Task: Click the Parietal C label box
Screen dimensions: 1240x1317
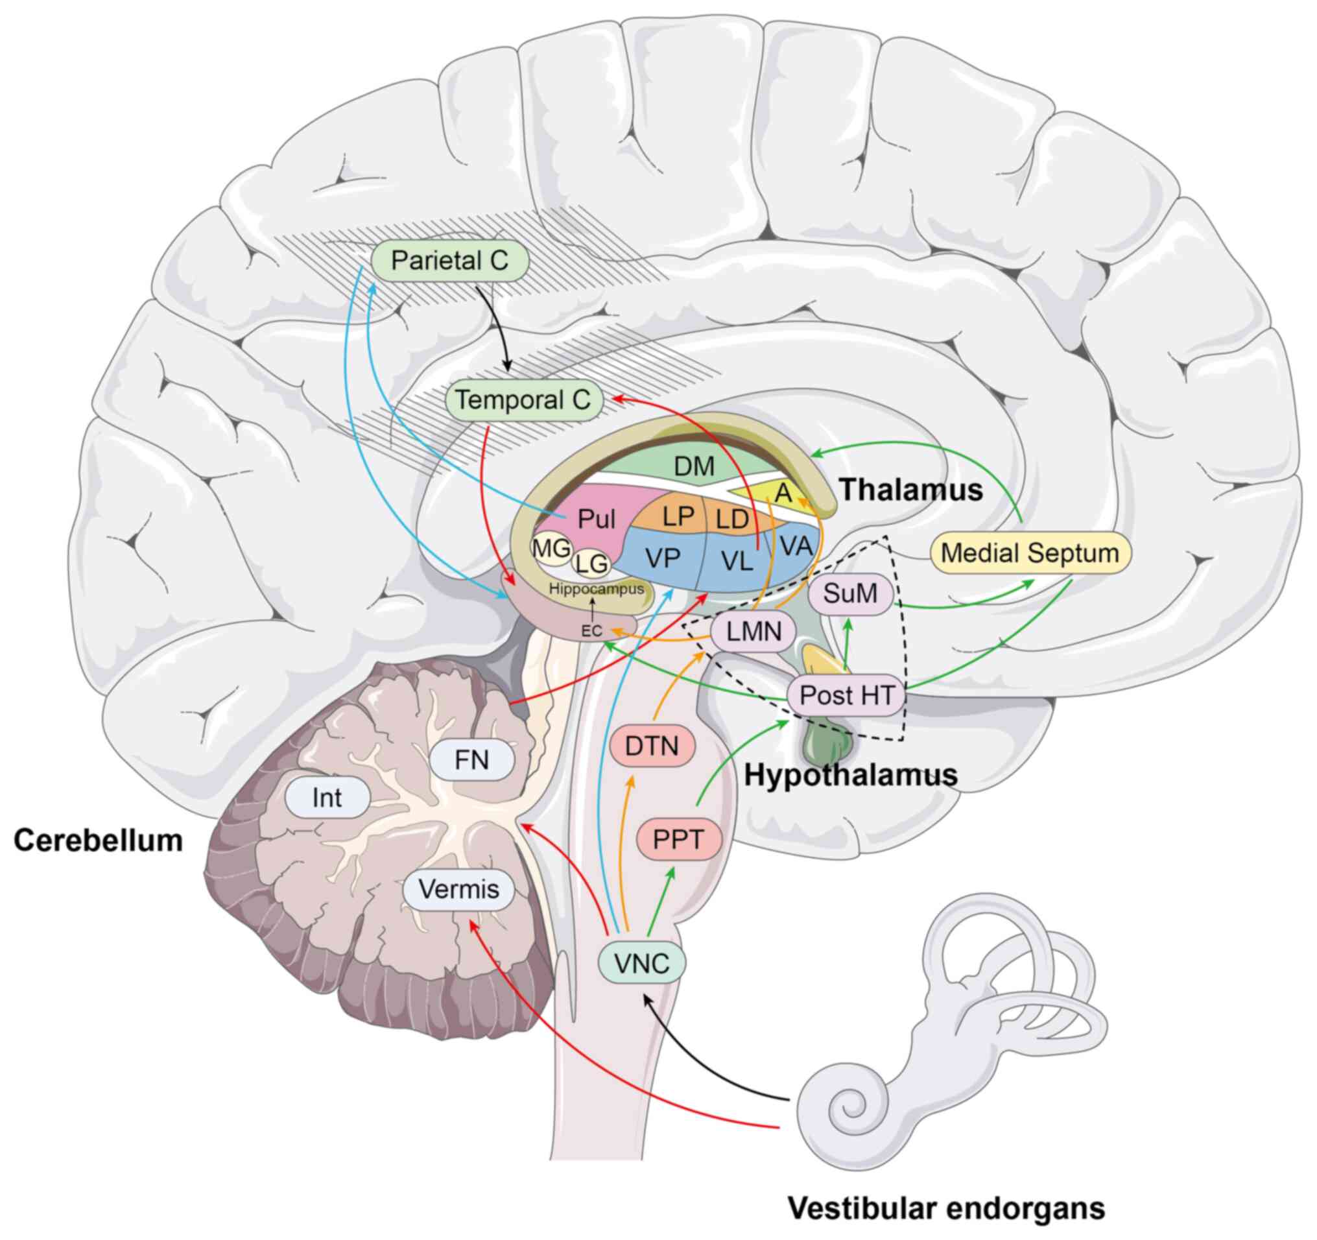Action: click(450, 260)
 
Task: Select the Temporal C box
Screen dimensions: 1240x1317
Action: click(523, 400)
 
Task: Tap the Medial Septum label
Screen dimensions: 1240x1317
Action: click(1030, 553)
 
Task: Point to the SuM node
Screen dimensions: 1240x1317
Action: click(850, 593)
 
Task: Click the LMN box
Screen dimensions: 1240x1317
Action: click(754, 631)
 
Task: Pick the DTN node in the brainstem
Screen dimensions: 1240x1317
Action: click(652, 746)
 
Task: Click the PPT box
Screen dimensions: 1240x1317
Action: click(678, 839)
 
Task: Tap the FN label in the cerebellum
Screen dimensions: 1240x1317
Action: click(471, 760)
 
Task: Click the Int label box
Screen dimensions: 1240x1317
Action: click(327, 798)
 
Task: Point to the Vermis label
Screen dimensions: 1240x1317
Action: click(459, 889)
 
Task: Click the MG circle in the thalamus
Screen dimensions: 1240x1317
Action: click(551, 549)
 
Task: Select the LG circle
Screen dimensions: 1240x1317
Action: click(591, 564)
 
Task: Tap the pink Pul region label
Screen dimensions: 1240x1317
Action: click(596, 519)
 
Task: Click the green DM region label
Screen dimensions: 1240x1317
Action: click(694, 467)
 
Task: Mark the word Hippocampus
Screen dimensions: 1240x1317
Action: click(596, 589)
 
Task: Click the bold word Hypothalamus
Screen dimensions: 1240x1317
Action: click(851, 775)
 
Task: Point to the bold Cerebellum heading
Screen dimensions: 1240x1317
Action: click(98, 841)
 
